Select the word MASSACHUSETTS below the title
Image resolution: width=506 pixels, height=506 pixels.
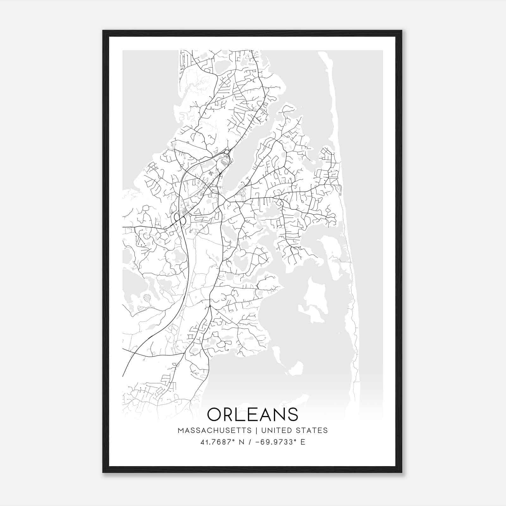(215, 430)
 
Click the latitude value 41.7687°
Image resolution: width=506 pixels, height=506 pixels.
(219, 442)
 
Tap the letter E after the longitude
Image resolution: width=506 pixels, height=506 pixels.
(303, 442)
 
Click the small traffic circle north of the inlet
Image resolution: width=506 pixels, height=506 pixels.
(227, 152)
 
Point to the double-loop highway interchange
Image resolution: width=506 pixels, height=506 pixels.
(179, 219)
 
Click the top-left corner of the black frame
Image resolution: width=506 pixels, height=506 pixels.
(103, 31)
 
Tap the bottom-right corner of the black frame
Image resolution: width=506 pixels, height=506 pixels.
(402, 472)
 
